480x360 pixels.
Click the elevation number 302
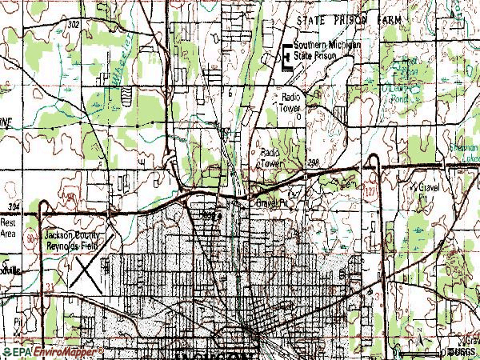pyautogui.click(x=74, y=25)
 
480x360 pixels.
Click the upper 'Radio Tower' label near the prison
pyautogui.click(x=290, y=102)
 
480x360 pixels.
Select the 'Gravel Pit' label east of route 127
pyautogui.click(x=431, y=190)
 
